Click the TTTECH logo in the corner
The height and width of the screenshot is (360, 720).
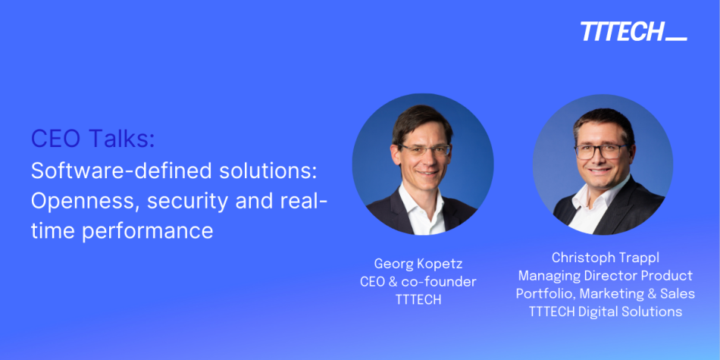click(633, 32)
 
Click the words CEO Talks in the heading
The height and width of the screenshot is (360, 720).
click(92, 139)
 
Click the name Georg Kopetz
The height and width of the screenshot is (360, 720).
click(418, 265)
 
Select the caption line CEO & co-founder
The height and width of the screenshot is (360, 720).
click(418, 282)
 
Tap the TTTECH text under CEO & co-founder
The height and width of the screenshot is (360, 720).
click(418, 299)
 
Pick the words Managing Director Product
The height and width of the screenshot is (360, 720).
click(605, 275)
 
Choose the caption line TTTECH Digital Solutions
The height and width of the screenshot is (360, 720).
click(605, 311)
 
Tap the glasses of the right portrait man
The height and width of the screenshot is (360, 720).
click(603, 151)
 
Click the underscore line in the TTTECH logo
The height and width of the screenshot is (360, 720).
click(677, 39)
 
